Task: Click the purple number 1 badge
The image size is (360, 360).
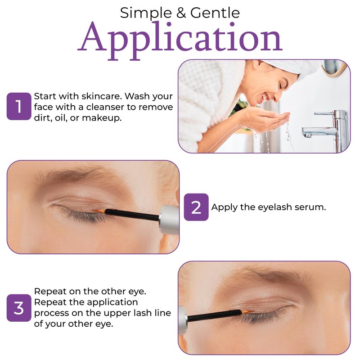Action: point(19,106)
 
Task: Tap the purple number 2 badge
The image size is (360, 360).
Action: point(196,207)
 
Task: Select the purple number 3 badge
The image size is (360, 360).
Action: point(19,308)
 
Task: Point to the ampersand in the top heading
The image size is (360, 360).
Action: point(181,13)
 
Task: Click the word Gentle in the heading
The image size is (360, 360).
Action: point(215,13)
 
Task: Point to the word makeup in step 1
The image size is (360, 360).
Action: point(102,118)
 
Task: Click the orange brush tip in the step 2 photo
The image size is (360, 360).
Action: point(99,211)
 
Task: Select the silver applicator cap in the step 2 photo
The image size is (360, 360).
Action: point(169,220)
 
